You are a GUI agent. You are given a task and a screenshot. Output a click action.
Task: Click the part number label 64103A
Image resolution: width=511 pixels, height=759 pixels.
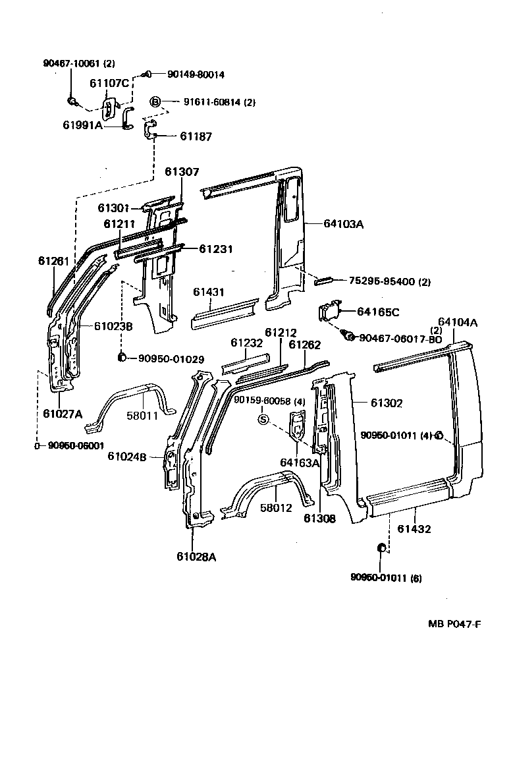pos(344,224)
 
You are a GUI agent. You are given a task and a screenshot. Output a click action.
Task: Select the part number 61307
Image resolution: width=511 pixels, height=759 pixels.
pos(182,172)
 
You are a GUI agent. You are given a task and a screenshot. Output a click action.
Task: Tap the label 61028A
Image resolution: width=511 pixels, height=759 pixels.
pos(196,557)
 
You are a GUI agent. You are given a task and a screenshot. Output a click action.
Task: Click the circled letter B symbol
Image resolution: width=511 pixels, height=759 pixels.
pos(155,101)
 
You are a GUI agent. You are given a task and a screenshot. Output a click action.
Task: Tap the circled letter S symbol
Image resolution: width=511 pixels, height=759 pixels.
pos(263,419)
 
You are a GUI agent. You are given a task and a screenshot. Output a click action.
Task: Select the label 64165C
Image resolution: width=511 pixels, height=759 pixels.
pos(379,311)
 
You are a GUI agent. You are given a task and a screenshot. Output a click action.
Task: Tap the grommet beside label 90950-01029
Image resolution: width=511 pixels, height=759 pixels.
pos(122,358)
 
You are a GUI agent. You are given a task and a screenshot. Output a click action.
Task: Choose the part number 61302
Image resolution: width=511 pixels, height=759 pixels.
pos(386,403)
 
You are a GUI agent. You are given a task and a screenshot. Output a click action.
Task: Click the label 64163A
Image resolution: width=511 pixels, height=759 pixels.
pos(300,463)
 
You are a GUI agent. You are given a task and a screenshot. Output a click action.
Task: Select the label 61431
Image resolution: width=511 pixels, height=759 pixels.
pos(209,292)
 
